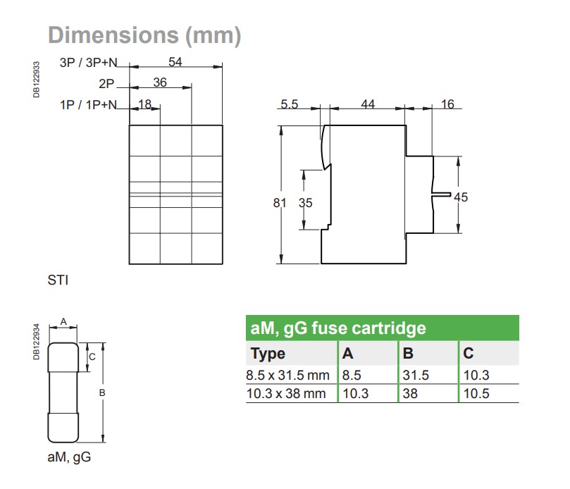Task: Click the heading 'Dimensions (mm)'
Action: [144, 35]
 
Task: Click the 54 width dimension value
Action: [175, 62]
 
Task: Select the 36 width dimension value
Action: [160, 83]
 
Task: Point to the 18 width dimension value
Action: [145, 104]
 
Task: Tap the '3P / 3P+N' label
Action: [88, 63]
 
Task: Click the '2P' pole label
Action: [106, 84]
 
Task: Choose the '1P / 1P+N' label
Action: [88, 105]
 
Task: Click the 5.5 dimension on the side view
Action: [289, 104]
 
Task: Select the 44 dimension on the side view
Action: [368, 104]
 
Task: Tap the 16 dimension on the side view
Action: [447, 104]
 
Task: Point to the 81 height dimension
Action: [280, 203]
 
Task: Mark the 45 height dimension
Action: [461, 197]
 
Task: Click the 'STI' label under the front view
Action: [58, 280]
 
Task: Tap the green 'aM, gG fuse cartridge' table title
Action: [338, 328]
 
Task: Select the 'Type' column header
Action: [268, 353]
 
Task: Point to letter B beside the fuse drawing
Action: [101, 392]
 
